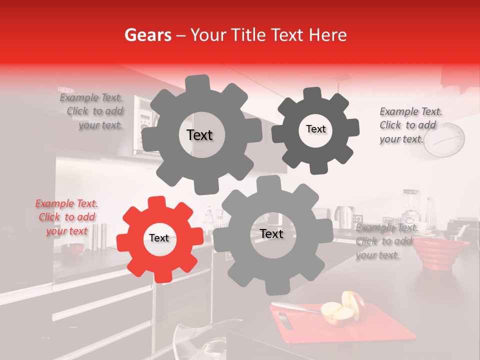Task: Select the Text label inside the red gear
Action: point(159,238)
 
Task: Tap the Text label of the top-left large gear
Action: point(199,135)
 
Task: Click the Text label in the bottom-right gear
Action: point(271,234)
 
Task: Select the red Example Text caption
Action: point(66,217)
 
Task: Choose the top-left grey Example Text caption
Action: point(91,111)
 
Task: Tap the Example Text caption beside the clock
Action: point(410,125)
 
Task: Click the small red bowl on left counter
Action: point(73,248)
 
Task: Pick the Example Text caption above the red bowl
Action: point(386,241)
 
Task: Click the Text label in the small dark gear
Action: point(315,129)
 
